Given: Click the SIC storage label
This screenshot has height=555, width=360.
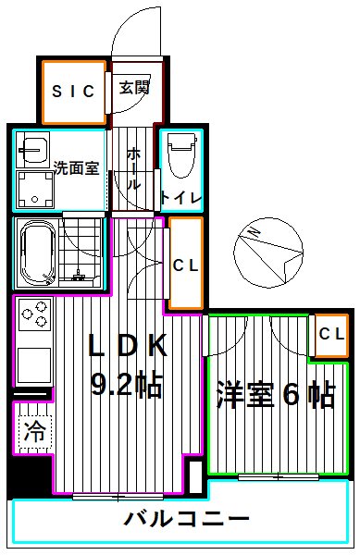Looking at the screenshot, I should pos(73,91).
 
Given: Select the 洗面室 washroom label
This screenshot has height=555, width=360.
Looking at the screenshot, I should pos(73,167).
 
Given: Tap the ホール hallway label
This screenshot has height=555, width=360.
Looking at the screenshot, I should pos(134,167).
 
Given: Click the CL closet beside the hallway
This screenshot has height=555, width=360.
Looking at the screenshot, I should pos(185,265).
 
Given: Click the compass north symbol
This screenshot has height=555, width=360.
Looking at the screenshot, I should pos(267,252).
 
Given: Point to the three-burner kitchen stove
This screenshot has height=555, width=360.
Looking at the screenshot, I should pos(34,318).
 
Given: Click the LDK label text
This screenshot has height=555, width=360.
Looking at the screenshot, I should pos(127,345).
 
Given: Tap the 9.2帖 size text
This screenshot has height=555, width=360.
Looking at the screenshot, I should pos(127,382).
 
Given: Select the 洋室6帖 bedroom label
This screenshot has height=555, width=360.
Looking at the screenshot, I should pos(276,396).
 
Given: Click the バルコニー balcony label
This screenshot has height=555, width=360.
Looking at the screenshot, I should pos(187,519).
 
